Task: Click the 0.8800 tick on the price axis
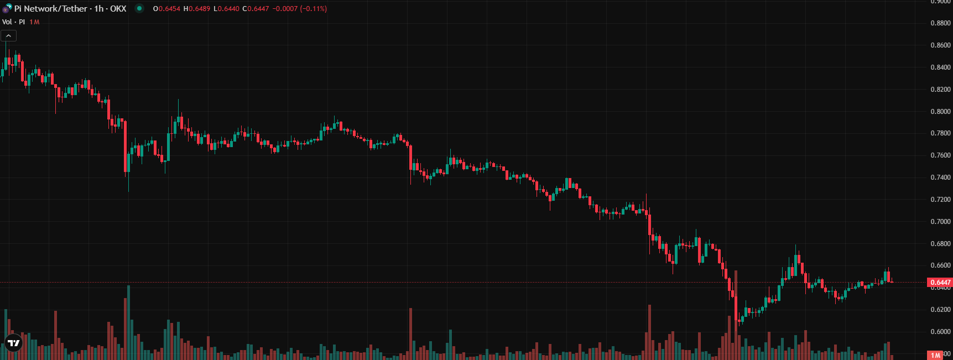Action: (940, 23)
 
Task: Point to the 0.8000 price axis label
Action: (940, 111)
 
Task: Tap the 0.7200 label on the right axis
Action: (940, 200)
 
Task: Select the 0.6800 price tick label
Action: (940, 244)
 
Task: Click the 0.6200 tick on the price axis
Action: (940, 310)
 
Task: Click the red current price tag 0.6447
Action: (940, 283)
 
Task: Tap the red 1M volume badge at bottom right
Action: (935, 355)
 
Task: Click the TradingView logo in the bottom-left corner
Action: (13, 343)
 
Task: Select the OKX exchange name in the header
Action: (118, 9)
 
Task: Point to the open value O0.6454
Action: (166, 9)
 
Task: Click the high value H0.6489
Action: (196, 9)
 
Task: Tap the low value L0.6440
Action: (226, 9)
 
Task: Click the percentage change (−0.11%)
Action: (314, 9)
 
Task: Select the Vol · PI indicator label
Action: (14, 22)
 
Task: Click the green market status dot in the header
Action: (139, 8)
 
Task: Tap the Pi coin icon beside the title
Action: (7, 8)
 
